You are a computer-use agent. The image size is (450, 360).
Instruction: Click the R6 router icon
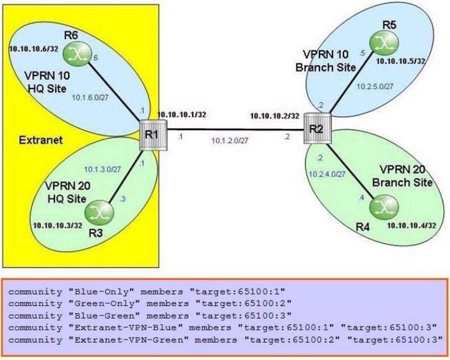(x=77, y=53)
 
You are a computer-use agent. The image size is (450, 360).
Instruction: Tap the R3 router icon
(x=99, y=213)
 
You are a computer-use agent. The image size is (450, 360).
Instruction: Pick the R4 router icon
(x=384, y=206)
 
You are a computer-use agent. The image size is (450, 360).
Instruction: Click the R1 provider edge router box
(x=153, y=134)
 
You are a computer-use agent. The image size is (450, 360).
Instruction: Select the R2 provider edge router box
(x=318, y=128)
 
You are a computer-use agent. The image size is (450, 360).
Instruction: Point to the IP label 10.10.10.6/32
(x=33, y=49)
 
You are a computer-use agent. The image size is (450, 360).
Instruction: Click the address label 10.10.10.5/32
(x=400, y=61)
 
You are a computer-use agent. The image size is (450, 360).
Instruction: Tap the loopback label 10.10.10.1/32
(x=181, y=115)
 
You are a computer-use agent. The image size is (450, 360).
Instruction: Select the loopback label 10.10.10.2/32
(x=275, y=116)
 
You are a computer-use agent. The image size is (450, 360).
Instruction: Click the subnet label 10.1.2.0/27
(x=230, y=141)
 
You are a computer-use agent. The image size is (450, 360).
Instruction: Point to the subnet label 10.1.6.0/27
(x=90, y=97)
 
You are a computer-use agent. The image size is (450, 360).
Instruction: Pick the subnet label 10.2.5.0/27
(x=375, y=86)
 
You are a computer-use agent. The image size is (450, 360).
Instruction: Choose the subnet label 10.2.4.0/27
(x=327, y=174)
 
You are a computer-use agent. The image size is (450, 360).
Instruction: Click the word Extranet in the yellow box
(x=41, y=140)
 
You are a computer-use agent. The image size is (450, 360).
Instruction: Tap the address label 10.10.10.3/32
(x=58, y=226)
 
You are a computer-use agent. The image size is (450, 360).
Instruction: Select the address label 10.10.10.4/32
(x=412, y=226)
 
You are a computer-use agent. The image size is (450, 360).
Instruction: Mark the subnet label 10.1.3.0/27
(x=103, y=169)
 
